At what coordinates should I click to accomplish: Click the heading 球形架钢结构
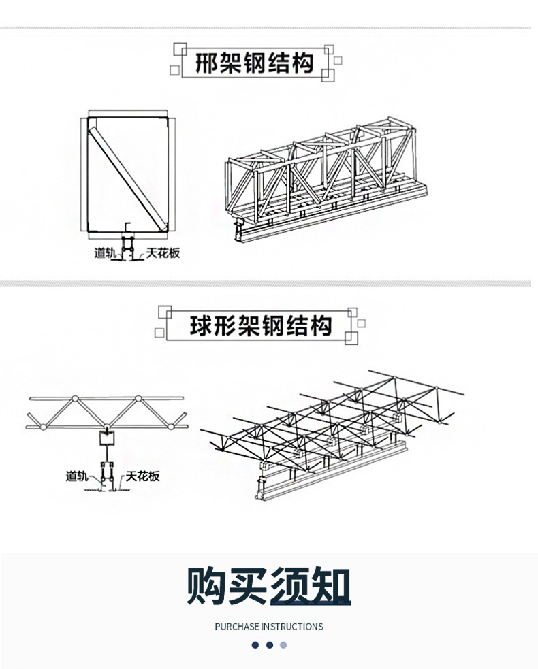pyautogui.click(x=261, y=325)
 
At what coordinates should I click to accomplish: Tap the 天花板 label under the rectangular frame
pyautogui.click(x=162, y=253)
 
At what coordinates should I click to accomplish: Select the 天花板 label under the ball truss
pyautogui.click(x=143, y=476)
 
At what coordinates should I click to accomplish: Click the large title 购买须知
pyautogui.click(x=269, y=586)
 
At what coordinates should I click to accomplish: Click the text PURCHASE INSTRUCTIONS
pyautogui.click(x=269, y=627)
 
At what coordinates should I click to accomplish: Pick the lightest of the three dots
pyautogui.click(x=284, y=645)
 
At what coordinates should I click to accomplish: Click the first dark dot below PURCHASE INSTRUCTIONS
pyautogui.click(x=255, y=645)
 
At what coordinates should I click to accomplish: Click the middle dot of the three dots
pyautogui.click(x=270, y=645)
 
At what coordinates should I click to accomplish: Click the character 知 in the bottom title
pyautogui.click(x=330, y=586)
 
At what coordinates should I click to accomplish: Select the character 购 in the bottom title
pyautogui.click(x=208, y=586)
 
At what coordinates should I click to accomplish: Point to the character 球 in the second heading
pyautogui.click(x=202, y=325)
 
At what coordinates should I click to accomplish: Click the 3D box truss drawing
pyautogui.click(x=327, y=180)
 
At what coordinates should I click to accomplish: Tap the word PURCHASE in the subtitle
pyautogui.click(x=236, y=627)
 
